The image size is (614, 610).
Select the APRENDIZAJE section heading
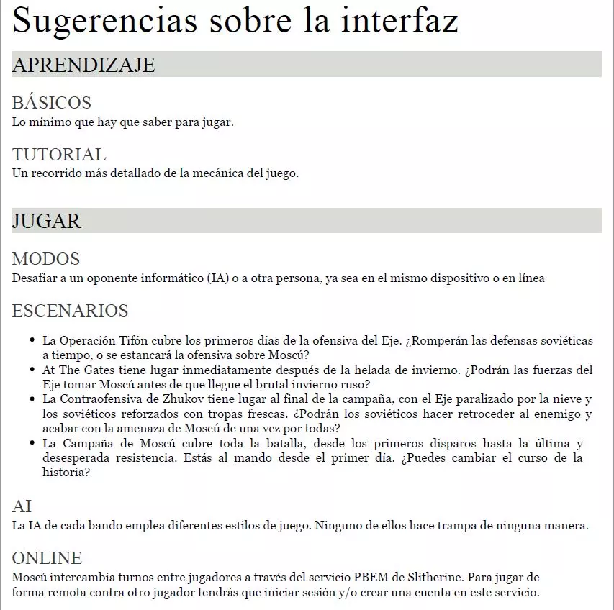click(83, 65)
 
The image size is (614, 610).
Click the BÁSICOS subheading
click(52, 103)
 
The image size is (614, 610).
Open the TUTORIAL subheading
click(59, 155)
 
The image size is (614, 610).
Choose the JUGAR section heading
click(47, 221)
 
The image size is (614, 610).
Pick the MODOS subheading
click(46, 259)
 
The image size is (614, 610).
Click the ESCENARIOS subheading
click(71, 311)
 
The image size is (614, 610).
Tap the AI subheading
click(22, 506)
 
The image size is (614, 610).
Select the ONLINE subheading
click(48, 558)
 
